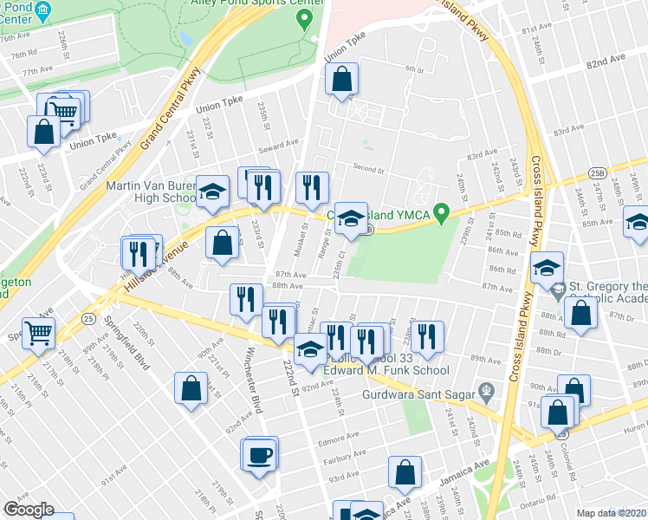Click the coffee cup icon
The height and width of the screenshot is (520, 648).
coord(260,453)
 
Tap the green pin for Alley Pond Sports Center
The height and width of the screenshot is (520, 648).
coord(304,20)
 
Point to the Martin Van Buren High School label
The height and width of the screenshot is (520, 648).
coord(150,192)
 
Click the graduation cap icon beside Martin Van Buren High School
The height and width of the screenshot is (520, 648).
coord(211,193)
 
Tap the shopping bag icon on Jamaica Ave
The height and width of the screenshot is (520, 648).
coord(405,473)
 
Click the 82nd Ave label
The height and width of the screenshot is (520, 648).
coord(606,64)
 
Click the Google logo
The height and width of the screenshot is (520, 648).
coord(29,510)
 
